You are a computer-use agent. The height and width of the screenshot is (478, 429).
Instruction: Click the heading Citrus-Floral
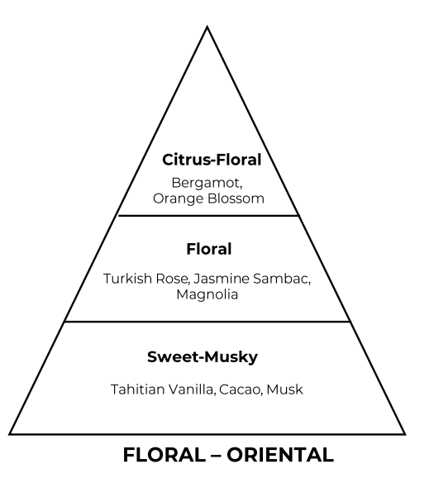point(212,160)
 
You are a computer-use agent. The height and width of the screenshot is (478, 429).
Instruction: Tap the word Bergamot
point(207,183)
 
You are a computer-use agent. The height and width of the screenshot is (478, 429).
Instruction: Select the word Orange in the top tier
point(178,199)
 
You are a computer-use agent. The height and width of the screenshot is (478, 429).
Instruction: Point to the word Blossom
point(236,198)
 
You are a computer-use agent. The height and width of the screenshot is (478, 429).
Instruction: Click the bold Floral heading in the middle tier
point(209,249)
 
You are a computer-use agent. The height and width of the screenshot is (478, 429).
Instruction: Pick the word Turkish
point(127,279)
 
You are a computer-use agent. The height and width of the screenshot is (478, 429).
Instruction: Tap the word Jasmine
point(222,279)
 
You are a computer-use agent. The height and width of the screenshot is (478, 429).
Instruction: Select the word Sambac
point(282,279)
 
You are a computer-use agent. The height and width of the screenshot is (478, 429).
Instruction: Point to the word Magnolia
point(207,295)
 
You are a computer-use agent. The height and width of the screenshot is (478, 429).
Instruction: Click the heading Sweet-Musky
point(203,357)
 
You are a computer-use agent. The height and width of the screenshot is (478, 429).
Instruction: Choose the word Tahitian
point(137,390)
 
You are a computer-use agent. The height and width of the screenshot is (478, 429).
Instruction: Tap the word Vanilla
point(192,390)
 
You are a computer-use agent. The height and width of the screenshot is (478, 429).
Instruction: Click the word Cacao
point(240,390)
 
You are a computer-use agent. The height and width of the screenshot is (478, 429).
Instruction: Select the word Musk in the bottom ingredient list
point(284,390)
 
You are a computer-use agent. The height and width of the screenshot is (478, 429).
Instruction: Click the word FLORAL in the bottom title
point(164,455)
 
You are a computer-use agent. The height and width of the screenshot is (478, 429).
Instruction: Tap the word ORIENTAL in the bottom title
point(280,455)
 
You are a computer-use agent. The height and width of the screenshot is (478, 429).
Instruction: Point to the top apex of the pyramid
point(207,26)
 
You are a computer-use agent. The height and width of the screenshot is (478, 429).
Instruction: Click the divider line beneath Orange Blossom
point(208,216)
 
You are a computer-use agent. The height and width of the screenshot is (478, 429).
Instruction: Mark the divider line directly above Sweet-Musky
point(207,322)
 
